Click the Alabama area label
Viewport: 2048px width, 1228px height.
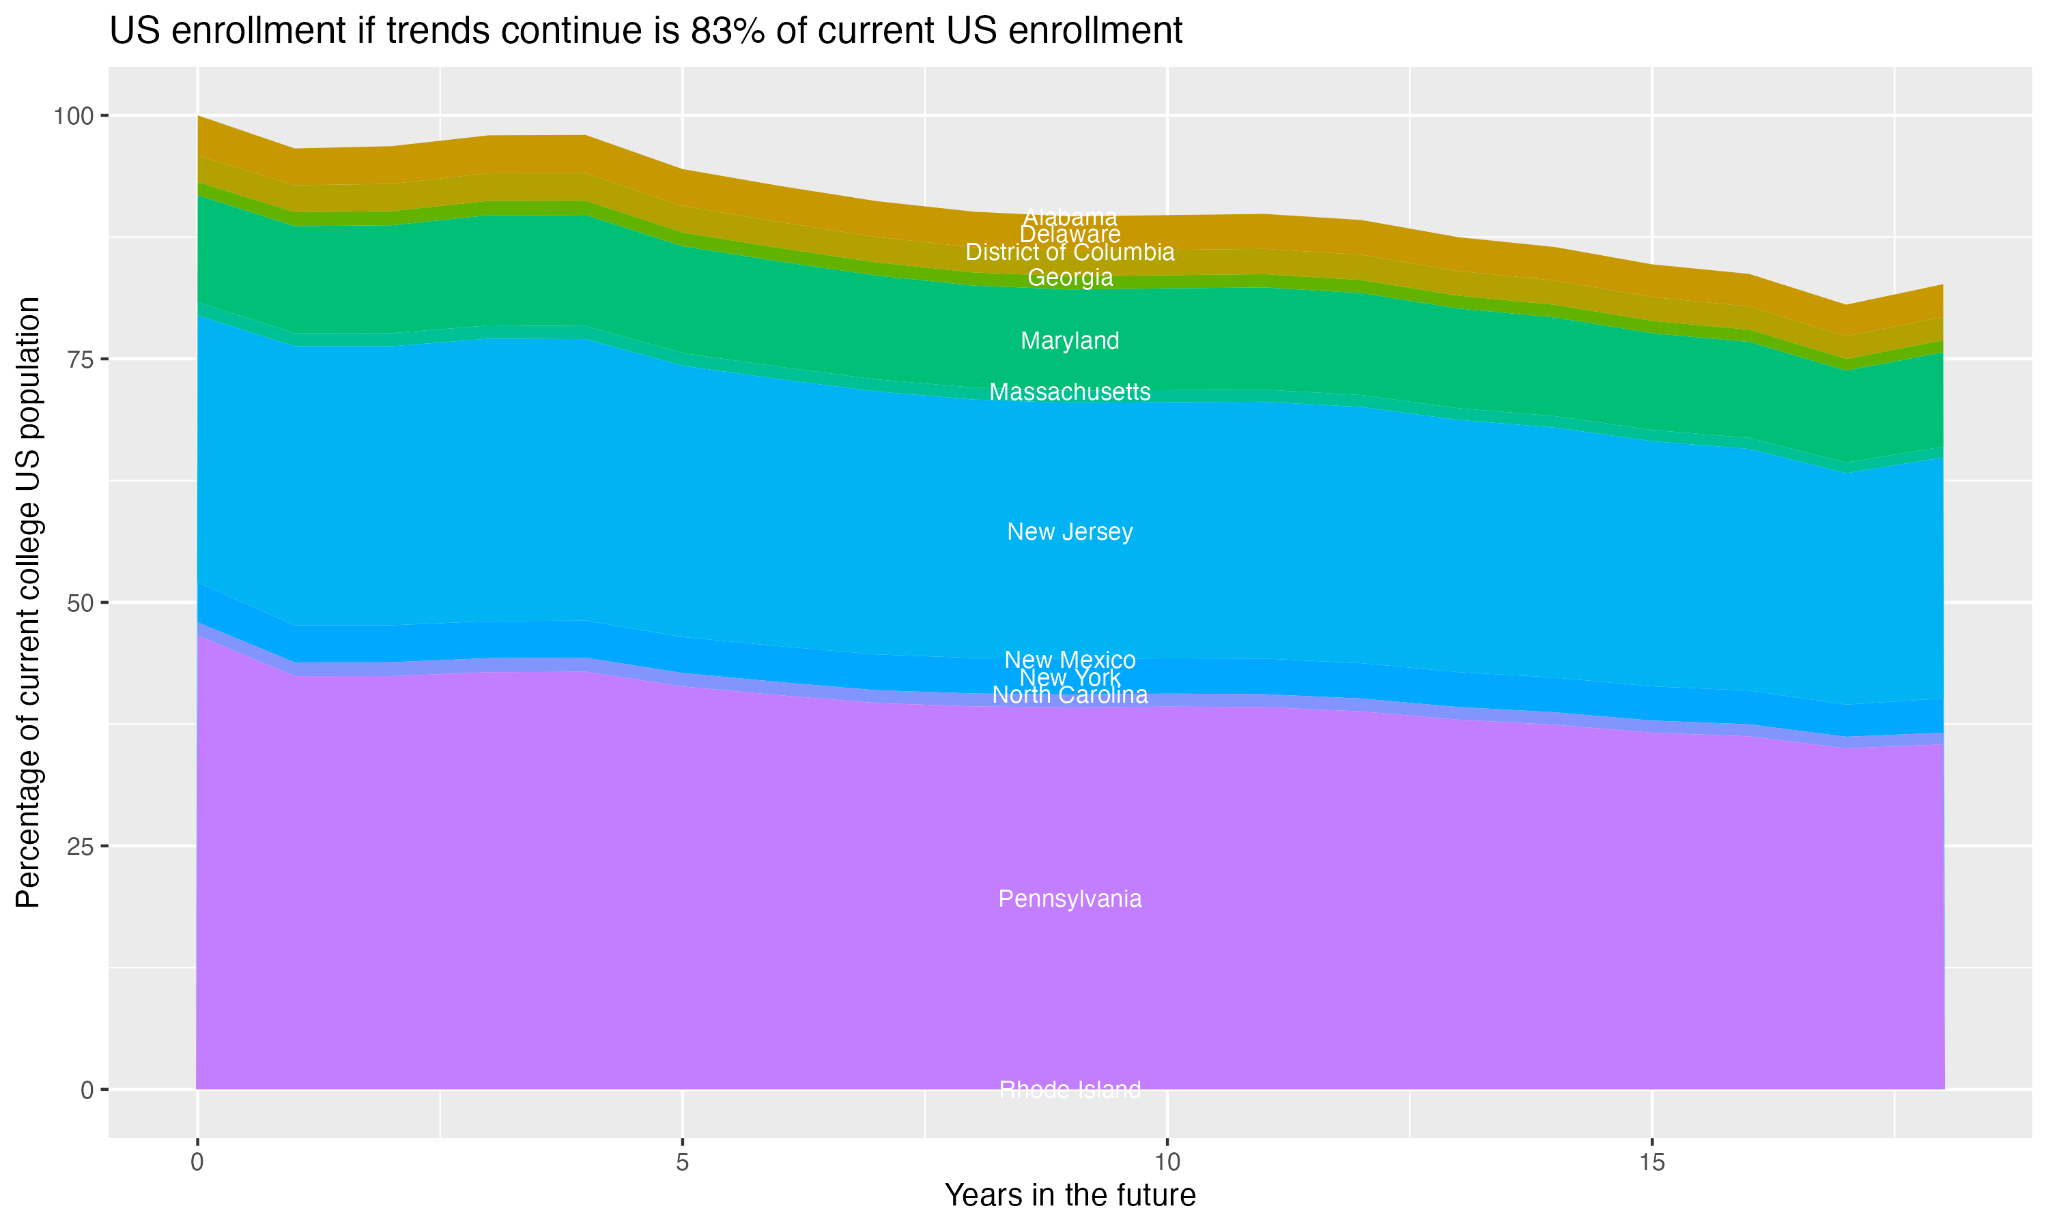coord(1070,217)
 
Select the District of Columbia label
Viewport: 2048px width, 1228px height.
coord(1070,252)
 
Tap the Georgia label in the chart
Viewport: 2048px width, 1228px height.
coord(1070,277)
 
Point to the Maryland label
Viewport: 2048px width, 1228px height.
coord(1070,341)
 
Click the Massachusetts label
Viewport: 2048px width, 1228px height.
coord(1070,392)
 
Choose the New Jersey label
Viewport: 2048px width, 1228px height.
coord(1070,532)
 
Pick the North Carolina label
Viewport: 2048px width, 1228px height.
coord(1070,696)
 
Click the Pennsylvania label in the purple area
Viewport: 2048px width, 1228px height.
coord(1070,899)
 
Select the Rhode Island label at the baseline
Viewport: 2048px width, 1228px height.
coord(1070,1090)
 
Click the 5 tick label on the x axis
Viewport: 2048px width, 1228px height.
coord(682,1163)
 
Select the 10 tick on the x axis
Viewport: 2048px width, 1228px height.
coord(1167,1163)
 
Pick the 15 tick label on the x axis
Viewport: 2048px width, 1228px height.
coord(1651,1163)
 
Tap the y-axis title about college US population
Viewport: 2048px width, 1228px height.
coord(28,602)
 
